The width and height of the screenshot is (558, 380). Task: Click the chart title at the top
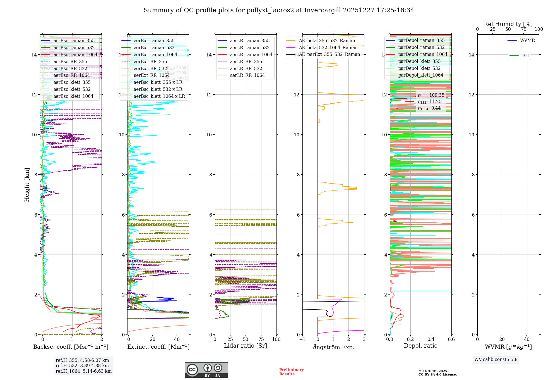(x=279, y=10)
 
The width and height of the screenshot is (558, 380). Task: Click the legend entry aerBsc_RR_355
(x=70, y=61)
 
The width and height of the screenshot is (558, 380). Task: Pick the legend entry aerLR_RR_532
(x=246, y=68)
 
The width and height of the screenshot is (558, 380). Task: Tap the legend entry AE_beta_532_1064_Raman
(x=328, y=47)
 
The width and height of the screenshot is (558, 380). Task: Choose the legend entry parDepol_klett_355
(x=419, y=61)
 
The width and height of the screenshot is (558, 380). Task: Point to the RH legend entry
(x=525, y=56)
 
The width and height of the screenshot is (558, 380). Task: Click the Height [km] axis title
(x=27, y=184)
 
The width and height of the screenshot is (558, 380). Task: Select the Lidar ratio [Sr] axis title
(x=246, y=346)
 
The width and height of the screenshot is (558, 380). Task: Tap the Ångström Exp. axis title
(x=333, y=347)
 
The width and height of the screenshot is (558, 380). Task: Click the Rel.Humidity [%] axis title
(x=508, y=24)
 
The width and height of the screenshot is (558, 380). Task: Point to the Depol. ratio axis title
(x=421, y=346)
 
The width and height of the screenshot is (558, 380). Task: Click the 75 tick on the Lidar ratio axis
(x=261, y=339)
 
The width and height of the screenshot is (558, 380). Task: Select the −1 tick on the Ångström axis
(x=302, y=339)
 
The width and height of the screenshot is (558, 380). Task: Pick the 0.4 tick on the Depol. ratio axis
(x=431, y=339)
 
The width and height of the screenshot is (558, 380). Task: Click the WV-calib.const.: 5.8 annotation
(x=496, y=360)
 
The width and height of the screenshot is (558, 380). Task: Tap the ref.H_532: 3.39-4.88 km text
(x=82, y=365)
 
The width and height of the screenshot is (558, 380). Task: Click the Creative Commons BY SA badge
(x=206, y=370)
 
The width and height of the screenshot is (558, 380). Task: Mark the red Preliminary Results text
(x=291, y=372)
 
